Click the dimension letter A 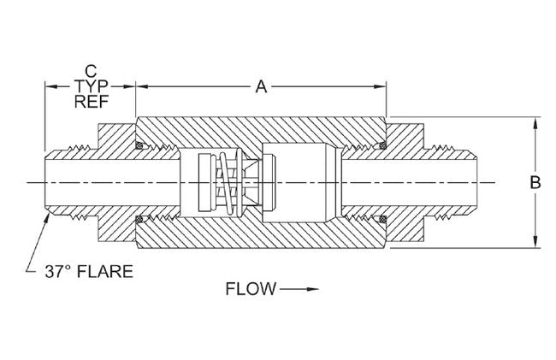262,86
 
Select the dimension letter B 535,182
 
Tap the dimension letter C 90,69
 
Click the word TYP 90,86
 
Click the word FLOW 251,290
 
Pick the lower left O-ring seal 139,221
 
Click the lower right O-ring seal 382,221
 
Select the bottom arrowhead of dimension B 535,243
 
